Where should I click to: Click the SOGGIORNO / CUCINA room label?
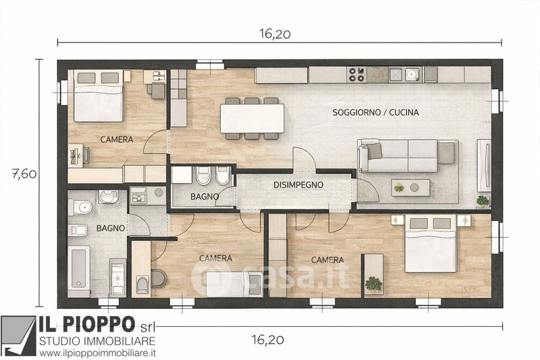[375, 112]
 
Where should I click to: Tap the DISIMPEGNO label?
[298, 185]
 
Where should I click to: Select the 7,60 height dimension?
[24, 174]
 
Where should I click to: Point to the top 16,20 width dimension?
[275, 34]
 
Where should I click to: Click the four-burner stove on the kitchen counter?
[356, 74]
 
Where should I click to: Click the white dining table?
[252, 118]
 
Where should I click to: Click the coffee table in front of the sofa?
[410, 188]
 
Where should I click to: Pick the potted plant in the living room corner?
[483, 201]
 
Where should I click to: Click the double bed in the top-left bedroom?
[99, 96]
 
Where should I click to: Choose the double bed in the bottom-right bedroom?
[431, 244]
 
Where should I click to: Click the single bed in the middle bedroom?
[234, 284]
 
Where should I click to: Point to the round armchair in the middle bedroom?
[159, 279]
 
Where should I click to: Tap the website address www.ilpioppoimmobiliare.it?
[97, 353]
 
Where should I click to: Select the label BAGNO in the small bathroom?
[205, 197]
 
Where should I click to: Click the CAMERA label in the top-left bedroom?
[117, 140]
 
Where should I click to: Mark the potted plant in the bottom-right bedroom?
[373, 284]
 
